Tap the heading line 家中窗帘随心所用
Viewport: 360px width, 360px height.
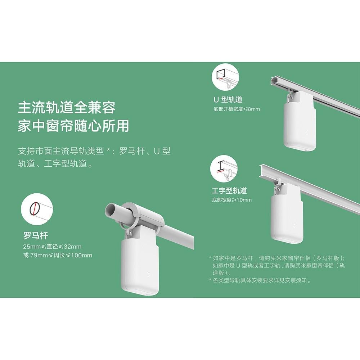click(73, 126)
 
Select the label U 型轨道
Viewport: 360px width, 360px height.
click(228, 100)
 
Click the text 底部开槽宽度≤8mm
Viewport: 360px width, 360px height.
click(237, 109)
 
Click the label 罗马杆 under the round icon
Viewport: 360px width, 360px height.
click(35, 236)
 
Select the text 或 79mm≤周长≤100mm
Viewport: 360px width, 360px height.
click(57, 255)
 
